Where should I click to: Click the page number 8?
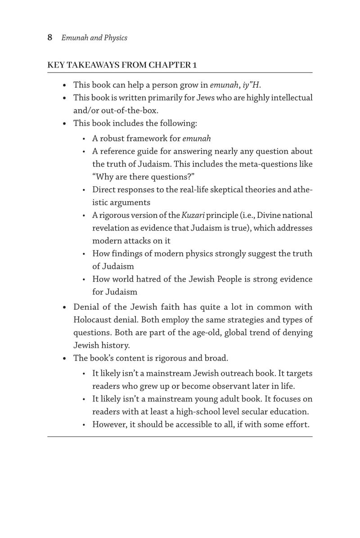pos(50,38)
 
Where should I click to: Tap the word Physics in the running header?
pos(116,38)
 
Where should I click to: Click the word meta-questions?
pos(268,164)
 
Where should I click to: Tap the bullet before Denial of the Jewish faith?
pos(65,307)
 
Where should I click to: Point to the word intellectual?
pos(290,97)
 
